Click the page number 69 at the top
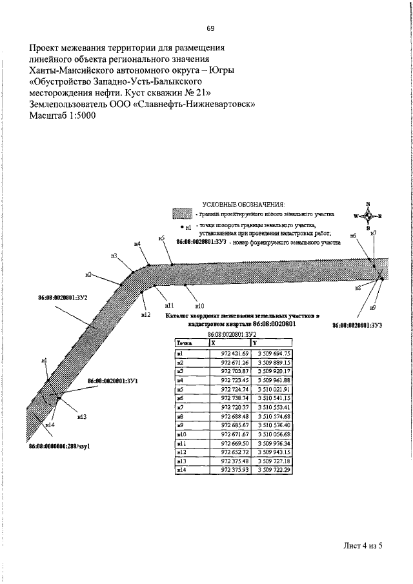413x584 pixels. point(210,28)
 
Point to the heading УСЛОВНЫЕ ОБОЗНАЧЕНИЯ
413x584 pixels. point(244,204)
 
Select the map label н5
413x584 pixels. point(161,238)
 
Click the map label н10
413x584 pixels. point(199,305)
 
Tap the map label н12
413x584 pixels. point(145,314)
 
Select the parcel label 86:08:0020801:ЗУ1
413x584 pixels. point(113,381)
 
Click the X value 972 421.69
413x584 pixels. point(234,354)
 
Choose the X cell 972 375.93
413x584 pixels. point(234,470)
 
